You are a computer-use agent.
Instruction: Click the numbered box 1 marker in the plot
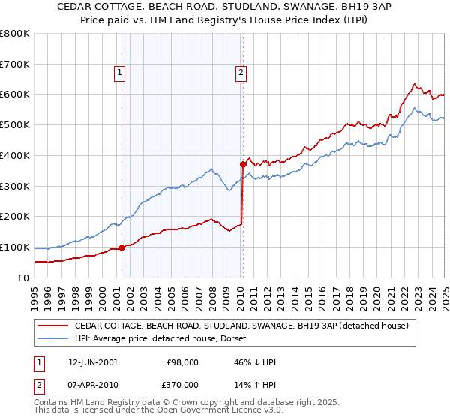pos(120,73)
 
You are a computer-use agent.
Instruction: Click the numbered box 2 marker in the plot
pos(241,73)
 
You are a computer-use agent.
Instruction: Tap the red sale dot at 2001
pos(122,247)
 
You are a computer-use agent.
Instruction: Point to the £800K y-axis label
pos(15,34)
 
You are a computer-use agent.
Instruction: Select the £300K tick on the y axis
pos(15,186)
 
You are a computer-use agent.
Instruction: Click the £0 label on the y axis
pos(23,277)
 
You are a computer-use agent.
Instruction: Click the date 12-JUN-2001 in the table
pos(93,362)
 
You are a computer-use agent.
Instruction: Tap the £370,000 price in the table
pos(182,385)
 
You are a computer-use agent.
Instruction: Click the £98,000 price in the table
pos(182,362)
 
